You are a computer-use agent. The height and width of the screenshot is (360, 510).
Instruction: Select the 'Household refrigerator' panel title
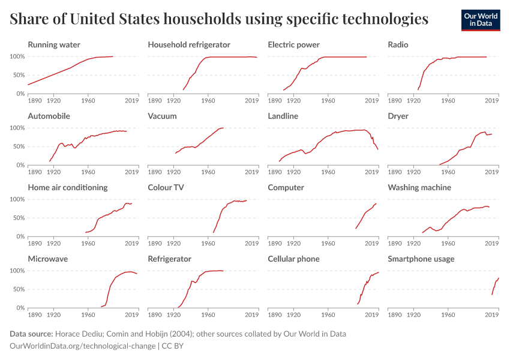[x=189, y=45]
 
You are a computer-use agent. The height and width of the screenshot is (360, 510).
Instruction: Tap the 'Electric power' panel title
[x=293, y=45]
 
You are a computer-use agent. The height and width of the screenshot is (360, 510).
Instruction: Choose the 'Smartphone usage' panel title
[x=421, y=259]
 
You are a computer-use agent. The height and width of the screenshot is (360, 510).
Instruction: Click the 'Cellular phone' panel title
[x=293, y=259]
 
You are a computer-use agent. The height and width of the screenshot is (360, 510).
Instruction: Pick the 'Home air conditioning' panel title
[x=68, y=187]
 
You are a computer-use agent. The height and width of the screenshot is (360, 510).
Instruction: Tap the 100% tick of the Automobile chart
[x=17, y=128]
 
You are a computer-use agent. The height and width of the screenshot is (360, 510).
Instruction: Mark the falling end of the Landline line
[x=377, y=149]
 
